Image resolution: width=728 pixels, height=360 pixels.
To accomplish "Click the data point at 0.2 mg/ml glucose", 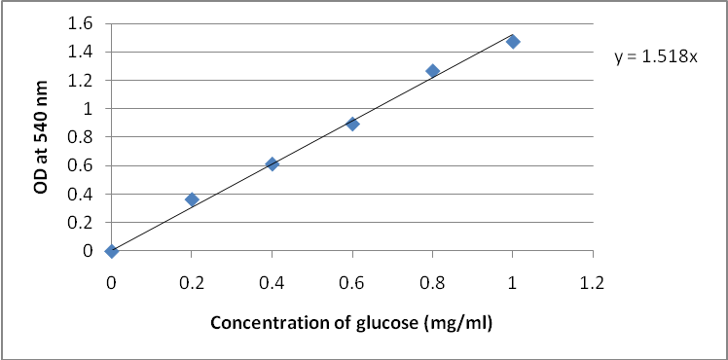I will coord(192,199).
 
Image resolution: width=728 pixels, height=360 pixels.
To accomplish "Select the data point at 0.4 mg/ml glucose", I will coord(272,163).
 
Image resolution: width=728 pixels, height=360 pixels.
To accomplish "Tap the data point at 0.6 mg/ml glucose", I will coord(352,124).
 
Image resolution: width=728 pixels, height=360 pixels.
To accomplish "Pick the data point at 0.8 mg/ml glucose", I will coord(432,71).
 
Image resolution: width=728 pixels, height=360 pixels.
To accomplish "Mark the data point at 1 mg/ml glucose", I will coord(513,42).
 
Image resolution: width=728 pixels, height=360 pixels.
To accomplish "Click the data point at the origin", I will coord(112,251).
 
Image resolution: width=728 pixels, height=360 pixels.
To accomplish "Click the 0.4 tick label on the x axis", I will coord(272,283).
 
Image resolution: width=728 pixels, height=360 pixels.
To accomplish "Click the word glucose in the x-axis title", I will coord(395,323).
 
